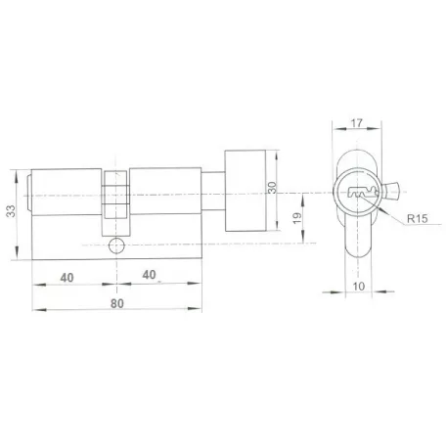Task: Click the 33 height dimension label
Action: point(12,211)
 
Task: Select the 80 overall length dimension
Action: point(117,303)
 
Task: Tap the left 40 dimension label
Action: point(67,278)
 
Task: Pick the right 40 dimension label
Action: point(149,275)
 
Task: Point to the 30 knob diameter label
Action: point(272,188)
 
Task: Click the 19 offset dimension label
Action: point(297,218)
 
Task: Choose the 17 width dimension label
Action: point(356,123)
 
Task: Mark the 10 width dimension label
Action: point(359,287)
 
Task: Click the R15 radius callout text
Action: point(418,218)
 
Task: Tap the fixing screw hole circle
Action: point(116,245)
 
